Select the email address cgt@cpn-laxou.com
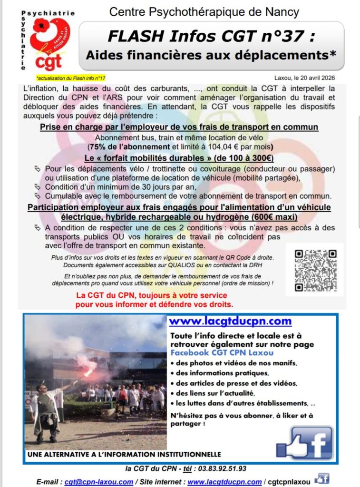tap(99, 481)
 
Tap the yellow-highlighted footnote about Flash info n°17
tap(70, 78)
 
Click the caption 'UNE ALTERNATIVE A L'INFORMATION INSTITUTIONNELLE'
tap(124, 455)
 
